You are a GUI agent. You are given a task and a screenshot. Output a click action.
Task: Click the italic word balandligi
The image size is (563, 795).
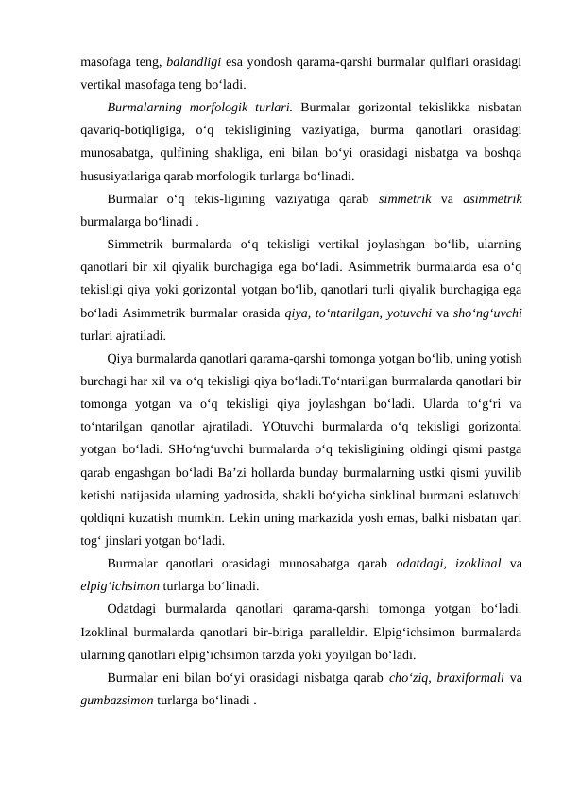coord(193,62)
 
